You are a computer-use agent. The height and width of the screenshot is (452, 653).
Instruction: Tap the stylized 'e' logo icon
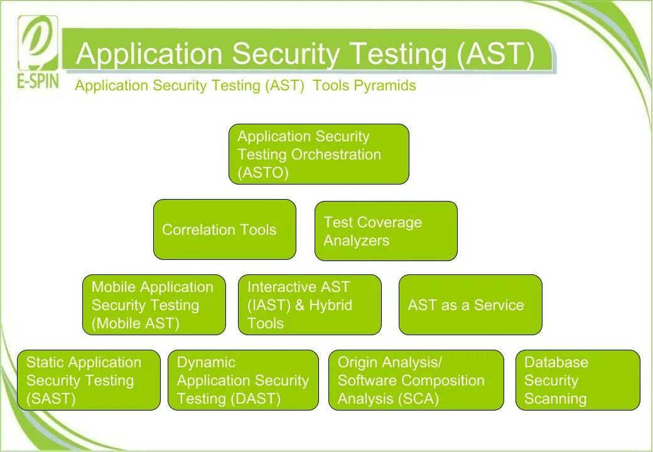[38, 43]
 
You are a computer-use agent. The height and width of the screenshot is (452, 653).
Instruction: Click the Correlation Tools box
[224, 230]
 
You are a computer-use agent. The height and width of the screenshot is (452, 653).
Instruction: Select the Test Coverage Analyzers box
[386, 231]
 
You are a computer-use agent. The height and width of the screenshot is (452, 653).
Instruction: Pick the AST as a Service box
[470, 305]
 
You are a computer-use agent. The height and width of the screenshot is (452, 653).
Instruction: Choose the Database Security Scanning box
[578, 380]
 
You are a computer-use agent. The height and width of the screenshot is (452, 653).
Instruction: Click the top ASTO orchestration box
[318, 154]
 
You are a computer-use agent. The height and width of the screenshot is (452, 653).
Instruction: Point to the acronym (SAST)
[51, 399]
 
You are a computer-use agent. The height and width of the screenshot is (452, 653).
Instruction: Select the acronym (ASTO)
[263, 173]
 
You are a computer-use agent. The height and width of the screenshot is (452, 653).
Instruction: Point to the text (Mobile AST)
[135, 323]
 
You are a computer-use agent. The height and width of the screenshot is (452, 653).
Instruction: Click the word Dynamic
[206, 362]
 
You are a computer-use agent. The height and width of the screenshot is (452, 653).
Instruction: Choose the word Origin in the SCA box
[359, 362]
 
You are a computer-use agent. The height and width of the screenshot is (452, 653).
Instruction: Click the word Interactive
[282, 287]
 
